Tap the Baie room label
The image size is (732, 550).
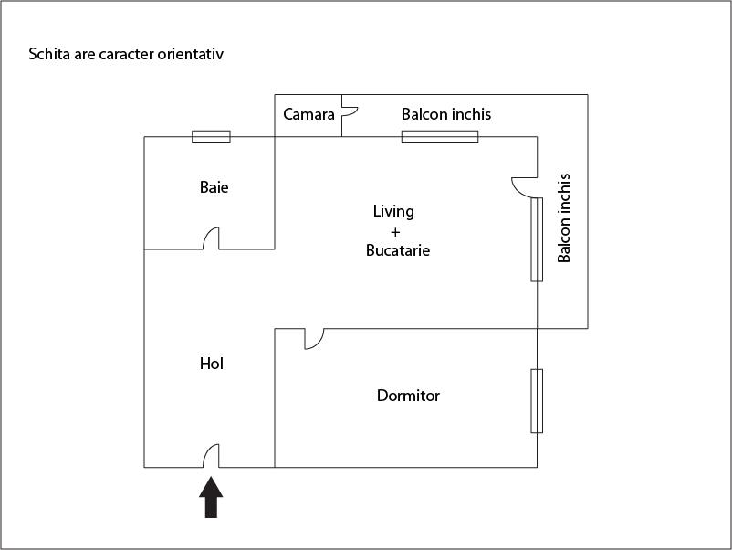click(x=214, y=188)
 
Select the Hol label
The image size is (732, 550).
click(x=211, y=364)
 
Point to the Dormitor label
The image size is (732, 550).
click(x=408, y=396)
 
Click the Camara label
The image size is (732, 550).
click(x=308, y=115)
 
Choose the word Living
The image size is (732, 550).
click(x=393, y=212)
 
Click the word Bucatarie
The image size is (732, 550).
click(x=397, y=249)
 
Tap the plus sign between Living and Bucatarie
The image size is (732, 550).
click(x=395, y=231)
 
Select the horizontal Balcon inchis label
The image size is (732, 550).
click(x=446, y=115)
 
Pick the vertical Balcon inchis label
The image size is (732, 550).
click(x=564, y=217)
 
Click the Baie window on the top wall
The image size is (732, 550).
click(x=211, y=137)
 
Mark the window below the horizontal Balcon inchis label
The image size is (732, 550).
click(x=440, y=137)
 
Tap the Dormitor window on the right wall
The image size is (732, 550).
click(x=537, y=401)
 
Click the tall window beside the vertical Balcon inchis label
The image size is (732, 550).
click(x=537, y=239)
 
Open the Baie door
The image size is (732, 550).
click(x=211, y=239)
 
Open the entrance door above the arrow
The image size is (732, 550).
click(x=211, y=456)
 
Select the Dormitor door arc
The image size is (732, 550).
click(x=313, y=339)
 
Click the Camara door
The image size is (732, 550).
click(x=349, y=112)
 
